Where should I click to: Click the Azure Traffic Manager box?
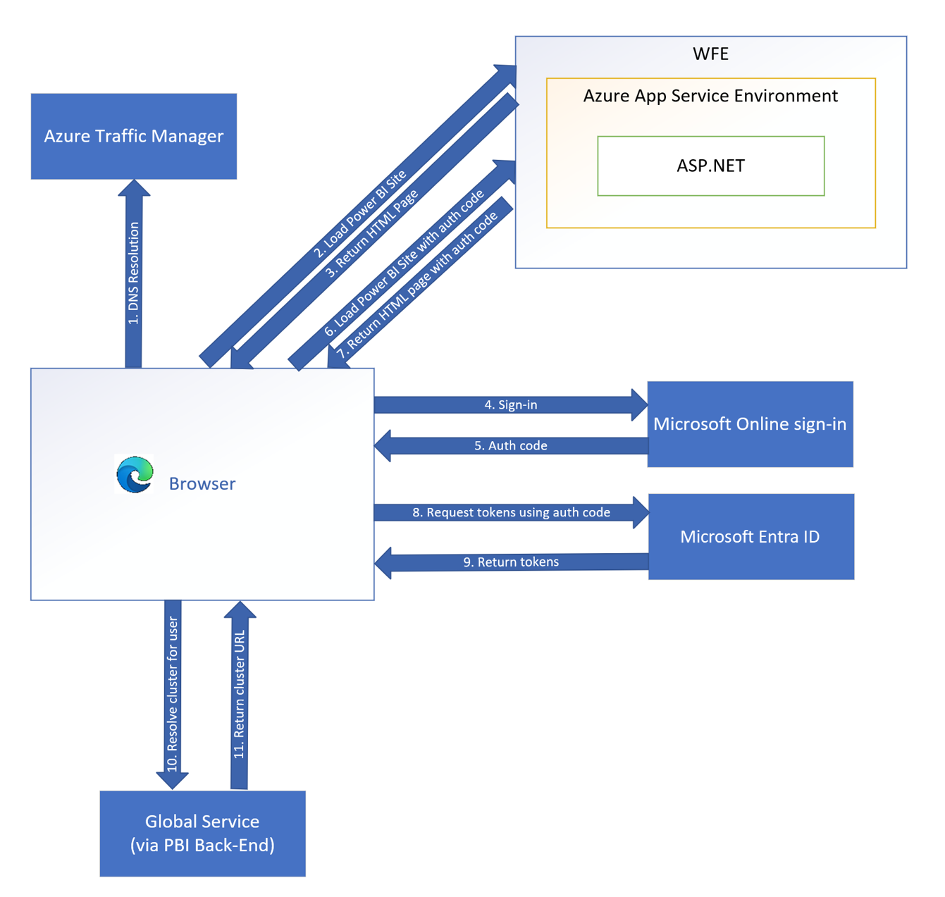[x=134, y=136]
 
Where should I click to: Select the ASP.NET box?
[x=710, y=166]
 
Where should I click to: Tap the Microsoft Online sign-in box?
[x=750, y=424]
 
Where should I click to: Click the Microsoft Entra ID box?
[x=751, y=537]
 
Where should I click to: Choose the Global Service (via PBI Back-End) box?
[x=202, y=834]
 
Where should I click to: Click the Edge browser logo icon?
[x=135, y=474]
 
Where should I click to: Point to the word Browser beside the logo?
[x=202, y=483]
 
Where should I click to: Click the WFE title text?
[x=710, y=54]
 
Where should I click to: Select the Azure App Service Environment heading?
[x=710, y=96]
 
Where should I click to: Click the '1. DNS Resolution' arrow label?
[x=134, y=273]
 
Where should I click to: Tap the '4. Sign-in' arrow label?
[x=511, y=404]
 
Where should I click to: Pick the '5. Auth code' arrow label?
[x=511, y=445]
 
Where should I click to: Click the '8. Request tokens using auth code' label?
[x=511, y=512]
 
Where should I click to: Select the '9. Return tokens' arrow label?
[x=511, y=562]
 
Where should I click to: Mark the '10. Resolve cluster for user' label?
[x=173, y=694]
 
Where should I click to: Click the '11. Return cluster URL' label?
[x=240, y=694]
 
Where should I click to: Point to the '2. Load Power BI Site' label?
[x=360, y=214]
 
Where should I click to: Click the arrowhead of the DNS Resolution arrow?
[x=134, y=188]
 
